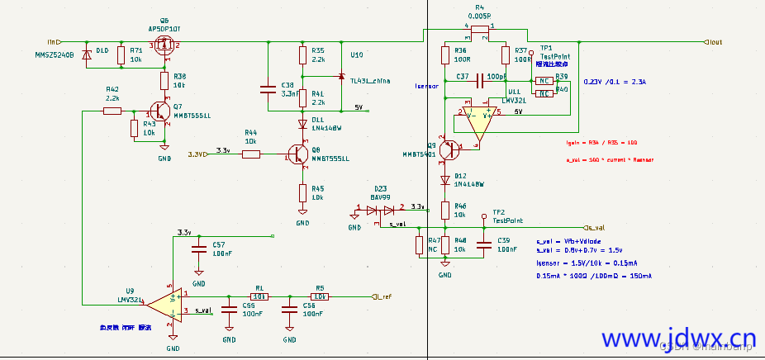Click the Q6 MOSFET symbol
pyautogui.click(x=164, y=47)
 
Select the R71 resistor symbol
pyautogui.click(x=121, y=55)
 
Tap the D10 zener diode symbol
pyautogui.click(x=88, y=55)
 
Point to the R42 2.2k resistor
pyautogui.click(x=112, y=110)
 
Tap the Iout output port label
pyautogui.click(x=715, y=41)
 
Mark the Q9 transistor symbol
pyautogui.click(x=448, y=149)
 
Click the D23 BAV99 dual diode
pyautogui.click(x=381, y=210)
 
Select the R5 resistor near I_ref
pyautogui.click(x=320, y=295)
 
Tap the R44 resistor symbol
pyautogui.click(x=251, y=154)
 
